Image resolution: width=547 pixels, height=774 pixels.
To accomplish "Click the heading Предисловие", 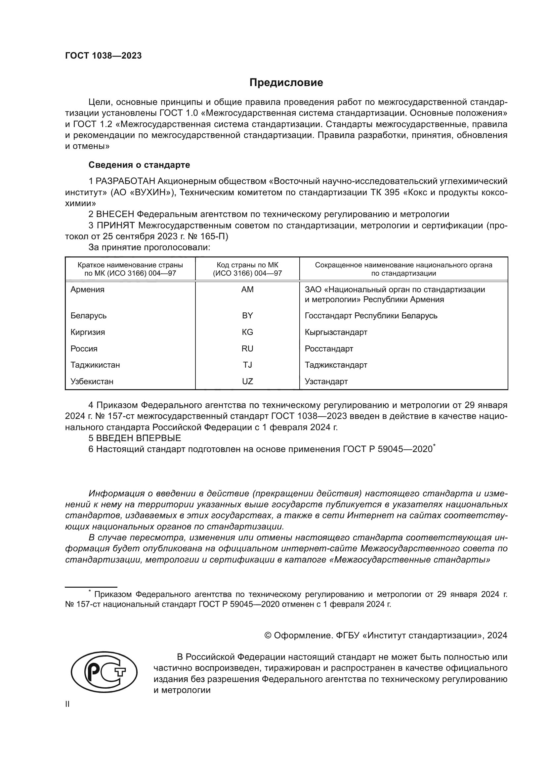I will click(x=286, y=83).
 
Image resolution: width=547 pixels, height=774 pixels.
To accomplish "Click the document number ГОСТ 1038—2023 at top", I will click(x=104, y=56).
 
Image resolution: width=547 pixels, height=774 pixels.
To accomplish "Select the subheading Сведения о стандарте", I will click(x=139, y=165).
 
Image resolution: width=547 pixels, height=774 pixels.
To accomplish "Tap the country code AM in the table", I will click(x=247, y=290).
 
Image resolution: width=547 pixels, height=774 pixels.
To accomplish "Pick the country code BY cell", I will click(x=247, y=316).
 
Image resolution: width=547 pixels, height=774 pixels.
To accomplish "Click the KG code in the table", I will click(x=247, y=332).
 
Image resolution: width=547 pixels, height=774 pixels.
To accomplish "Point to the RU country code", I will click(x=247, y=348).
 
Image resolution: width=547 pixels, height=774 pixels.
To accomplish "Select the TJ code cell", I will click(x=247, y=365).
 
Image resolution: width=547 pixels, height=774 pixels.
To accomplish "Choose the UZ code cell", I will click(x=247, y=382).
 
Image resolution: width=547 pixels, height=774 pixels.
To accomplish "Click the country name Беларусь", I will click(x=89, y=316).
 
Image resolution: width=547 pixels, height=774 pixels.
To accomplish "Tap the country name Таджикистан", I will click(x=95, y=365).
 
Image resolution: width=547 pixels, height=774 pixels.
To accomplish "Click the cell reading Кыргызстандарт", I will click(x=336, y=332).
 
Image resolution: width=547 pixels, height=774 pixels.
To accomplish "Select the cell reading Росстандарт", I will click(x=329, y=349).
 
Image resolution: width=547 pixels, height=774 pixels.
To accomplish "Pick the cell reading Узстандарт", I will click(x=326, y=382).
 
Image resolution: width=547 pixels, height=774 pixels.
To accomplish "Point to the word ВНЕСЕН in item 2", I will click(x=115, y=214).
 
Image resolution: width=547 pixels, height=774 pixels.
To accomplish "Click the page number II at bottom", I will click(x=67, y=705).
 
